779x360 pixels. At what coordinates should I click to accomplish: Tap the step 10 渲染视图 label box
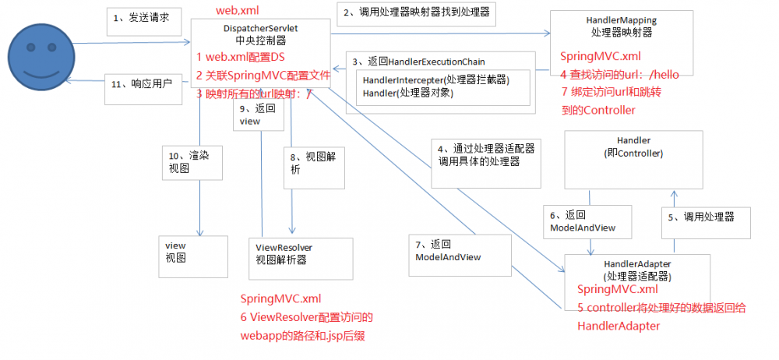pyautogui.click(x=187, y=162)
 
